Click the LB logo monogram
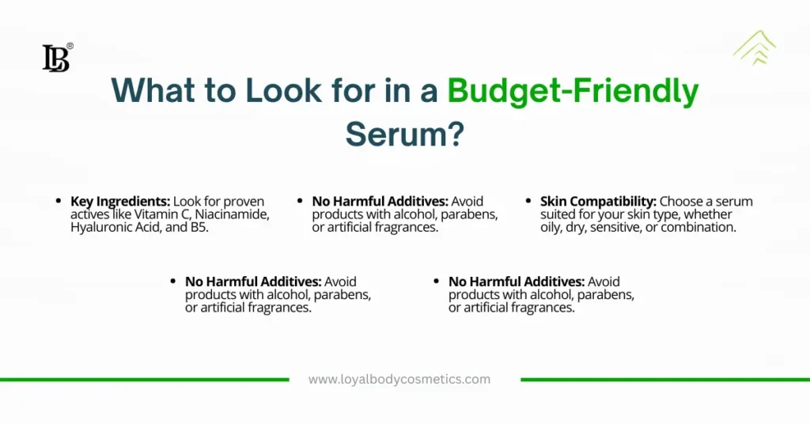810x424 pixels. pyautogui.click(x=55, y=58)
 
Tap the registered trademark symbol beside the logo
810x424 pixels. pyautogui.click(x=70, y=46)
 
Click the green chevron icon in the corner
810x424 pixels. pyautogui.click(x=755, y=47)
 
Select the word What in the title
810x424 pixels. pyautogui.click(x=153, y=90)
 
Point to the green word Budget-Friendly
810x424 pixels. pyautogui.click(x=573, y=92)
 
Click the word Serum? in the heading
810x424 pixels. pyautogui.click(x=405, y=134)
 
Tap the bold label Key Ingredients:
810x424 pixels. pyautogui.click(x=120, y=202)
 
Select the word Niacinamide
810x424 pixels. pyautogui.click(x=232, y=214)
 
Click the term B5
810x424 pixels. pyautogui.click(x=199, y=227)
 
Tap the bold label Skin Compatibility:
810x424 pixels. pyautogui.click(x=598, y=202)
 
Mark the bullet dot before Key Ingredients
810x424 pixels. pyautogui.click(x=59, y=201)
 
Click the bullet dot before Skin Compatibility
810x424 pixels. pyautogui.click(x=528, y=201)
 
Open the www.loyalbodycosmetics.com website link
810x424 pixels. pyautogui.click(x=399, y=380)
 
